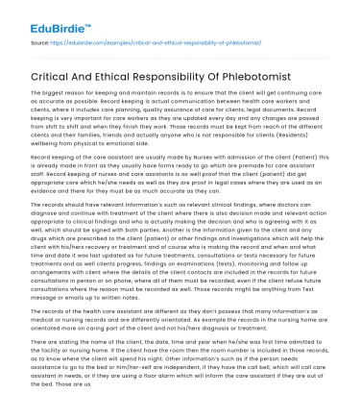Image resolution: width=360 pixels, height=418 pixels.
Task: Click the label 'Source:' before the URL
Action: click(41, 42)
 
